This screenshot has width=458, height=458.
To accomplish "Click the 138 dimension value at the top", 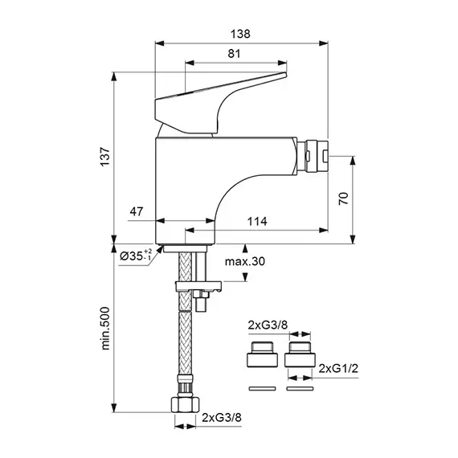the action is pyautogui.click(x=240, y=35).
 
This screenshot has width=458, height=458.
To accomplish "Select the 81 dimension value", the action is pyautogui.click(x=234, y=54).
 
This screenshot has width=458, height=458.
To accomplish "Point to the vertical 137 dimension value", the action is pyautogui.click(x=105, y=157).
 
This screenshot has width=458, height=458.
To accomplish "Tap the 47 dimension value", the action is pyautogui.click(x=137, y=211).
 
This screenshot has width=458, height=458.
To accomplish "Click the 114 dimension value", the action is pyautogui.click(x=257, y=222).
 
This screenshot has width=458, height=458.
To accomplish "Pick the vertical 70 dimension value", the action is pyautogui.click(x=344, y=198).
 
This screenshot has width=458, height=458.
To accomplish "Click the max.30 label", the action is pyautogui.click(x=245, y=261).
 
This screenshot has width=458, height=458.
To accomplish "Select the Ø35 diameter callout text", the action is pyautogui.click(x=136, y=256).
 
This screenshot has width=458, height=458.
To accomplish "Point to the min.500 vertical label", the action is pyautogui.click(x=105, y=329).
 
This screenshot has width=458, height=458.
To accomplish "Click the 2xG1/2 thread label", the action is pyautogui.click(x=338, y=369).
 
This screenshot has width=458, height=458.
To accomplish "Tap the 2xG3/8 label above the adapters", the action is pyautogui.click(x=268, y=325).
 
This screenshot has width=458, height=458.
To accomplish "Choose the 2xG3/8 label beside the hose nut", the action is pyautogui.click(x=222, y=418).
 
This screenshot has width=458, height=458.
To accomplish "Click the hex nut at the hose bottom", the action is pyautogui.click(x=185, y=404).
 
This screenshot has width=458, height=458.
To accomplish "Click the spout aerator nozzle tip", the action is pyautogui.click(x=313, y=156).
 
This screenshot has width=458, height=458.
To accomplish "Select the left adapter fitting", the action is pyautogui.click(x=262, y=354).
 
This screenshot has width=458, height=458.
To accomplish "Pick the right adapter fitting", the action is pyautogui.click(x=300, y=354).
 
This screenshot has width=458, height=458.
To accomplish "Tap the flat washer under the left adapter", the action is pyautogui.click(x=262, y=388).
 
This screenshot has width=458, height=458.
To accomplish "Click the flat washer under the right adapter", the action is pyautogui.click(x=300, y=388).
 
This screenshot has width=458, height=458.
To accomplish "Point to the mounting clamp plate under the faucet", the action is pyautogui.click(x=198, y=286).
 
